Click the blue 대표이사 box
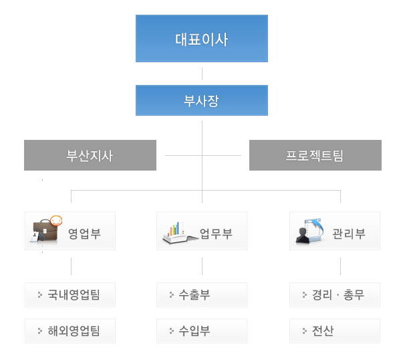click(201, 39)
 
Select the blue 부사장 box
click(201, 100)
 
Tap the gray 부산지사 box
click(90, 155)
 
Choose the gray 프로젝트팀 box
click(315, 155)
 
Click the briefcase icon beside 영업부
click(46, 230)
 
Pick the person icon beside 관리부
click(309, 232)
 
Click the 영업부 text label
click(84, 234)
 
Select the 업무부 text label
click(216, 234)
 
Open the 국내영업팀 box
click(70, 294)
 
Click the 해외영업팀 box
click(70, 331)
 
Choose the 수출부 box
click(202, 294)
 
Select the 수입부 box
click(202, 331)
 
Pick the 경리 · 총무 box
click(335, 294)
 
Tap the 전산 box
click(335, 331)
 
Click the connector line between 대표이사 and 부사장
click(202, 74)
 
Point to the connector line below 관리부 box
click(340, 266)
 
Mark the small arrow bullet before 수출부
click(171, 294)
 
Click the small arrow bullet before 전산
click(304, 331)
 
